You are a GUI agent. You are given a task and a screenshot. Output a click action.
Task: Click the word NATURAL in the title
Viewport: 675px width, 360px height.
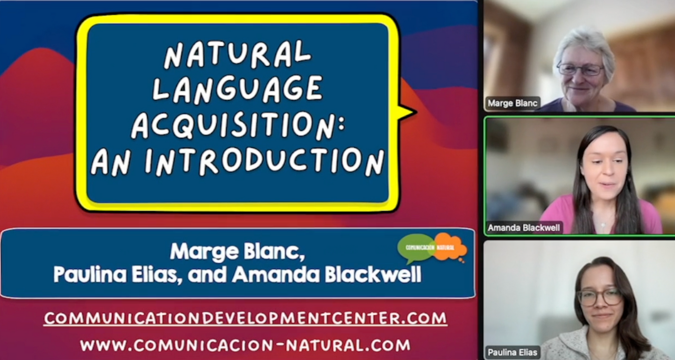pos(238,54)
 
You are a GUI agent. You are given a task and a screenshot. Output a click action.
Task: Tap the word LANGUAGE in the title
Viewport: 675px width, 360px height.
pos(238,89)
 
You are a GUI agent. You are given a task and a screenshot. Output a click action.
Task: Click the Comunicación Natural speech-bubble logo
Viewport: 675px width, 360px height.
pos(432,247)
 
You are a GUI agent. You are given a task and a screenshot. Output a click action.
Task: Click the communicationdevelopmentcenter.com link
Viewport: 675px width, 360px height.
pos(246,318)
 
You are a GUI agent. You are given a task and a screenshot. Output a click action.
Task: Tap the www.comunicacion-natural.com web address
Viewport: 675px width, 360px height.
pos(245,346)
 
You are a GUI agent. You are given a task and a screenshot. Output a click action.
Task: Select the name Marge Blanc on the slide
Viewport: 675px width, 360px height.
pos(237,252)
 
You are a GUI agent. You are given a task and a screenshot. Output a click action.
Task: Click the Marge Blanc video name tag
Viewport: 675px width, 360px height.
pos(512,103)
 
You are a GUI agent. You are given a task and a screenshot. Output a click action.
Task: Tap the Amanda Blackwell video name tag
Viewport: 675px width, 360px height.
pos(523,228)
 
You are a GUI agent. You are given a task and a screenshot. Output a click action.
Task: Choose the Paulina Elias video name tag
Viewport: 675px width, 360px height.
pos(512,352)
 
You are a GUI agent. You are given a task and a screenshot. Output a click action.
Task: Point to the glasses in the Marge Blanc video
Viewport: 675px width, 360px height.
pos(581,70)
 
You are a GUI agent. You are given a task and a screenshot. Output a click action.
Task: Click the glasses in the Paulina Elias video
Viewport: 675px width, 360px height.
pos(599,296)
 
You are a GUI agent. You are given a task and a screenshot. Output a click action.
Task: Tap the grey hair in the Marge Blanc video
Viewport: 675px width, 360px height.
pos(583,42)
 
